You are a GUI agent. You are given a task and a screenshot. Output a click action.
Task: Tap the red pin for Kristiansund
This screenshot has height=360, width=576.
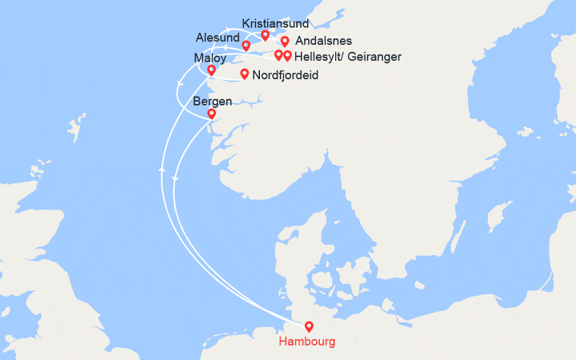(266, 36)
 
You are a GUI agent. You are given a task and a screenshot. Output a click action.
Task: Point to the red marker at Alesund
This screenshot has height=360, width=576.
(246, 46)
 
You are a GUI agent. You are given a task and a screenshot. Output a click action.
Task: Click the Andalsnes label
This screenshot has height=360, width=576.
(323, 41)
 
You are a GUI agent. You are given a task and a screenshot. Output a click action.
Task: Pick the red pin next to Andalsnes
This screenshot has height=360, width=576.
(285, 42)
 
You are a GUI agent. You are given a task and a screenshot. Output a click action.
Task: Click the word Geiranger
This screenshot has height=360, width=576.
(373, 57)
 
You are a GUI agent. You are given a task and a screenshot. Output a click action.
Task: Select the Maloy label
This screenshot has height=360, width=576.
(210, 58)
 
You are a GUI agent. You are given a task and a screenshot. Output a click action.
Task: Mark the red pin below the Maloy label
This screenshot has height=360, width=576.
(211, 70)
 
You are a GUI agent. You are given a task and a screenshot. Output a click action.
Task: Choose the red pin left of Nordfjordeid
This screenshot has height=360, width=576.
(244, 75)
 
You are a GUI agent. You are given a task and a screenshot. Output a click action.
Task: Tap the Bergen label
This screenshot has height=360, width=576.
(212, 102)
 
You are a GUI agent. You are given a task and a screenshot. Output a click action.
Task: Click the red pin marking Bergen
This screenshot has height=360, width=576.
(211, 114)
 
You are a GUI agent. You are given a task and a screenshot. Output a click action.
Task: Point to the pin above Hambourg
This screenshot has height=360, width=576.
(309, 326)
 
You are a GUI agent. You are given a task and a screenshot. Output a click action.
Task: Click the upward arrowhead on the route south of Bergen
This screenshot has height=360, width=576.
(162, 170)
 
